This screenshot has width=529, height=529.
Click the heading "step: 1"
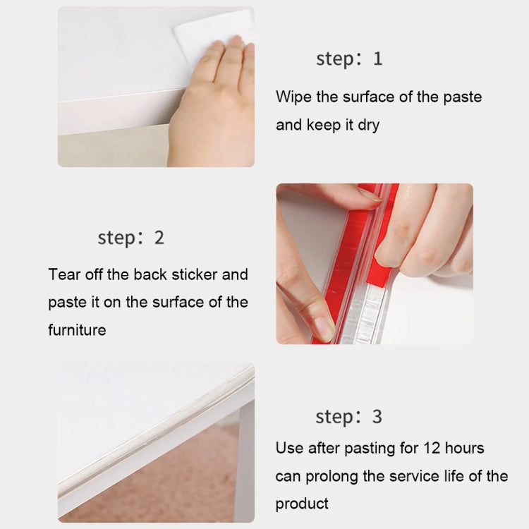point(349,59)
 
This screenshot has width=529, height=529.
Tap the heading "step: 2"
point(130,238)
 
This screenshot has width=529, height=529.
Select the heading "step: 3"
point(349,417)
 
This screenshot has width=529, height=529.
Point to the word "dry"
point(387,126)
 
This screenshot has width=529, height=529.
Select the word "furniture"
point(77,329)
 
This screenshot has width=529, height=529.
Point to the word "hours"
point(465,448)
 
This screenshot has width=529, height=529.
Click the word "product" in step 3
point(302,504)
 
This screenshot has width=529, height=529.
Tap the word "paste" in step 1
point(463,97)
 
